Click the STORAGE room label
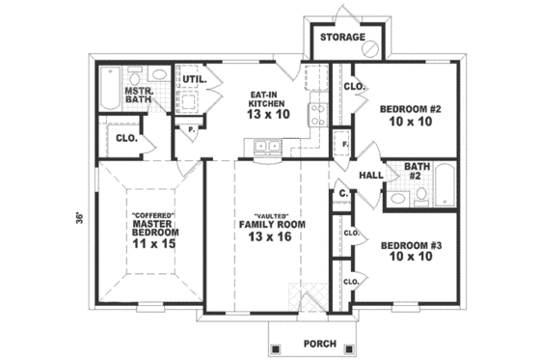tap(342, 38)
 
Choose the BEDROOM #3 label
tap(410, 245)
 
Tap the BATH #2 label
tap(418, 171)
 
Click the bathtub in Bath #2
tap(445, 185)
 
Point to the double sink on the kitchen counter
tap(266, 147)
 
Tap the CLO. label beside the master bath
tap(126, 138)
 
